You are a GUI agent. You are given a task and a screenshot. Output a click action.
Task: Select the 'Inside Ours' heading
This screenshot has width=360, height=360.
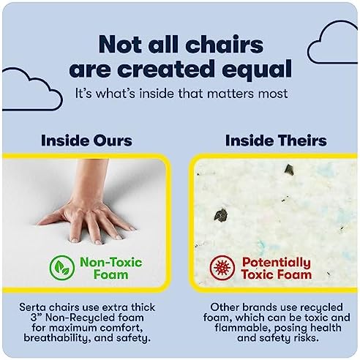[86, 140]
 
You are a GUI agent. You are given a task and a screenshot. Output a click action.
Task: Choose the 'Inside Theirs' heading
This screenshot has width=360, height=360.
[276, 140]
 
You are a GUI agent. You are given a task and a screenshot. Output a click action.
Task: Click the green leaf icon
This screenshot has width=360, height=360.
[62, 268]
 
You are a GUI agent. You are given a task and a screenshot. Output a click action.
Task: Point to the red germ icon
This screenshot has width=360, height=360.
[222, 268]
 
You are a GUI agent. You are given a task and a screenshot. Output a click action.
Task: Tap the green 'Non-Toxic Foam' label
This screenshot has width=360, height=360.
[111, 269]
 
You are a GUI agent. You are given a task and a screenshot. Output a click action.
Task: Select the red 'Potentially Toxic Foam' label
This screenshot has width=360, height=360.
[277, 269]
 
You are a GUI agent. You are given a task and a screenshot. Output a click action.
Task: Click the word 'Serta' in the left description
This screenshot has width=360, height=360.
[32, 307]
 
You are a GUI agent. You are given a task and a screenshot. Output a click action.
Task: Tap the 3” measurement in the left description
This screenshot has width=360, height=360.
[36, 318]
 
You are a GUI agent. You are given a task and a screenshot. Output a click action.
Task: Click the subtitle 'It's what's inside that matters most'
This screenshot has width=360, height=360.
[181, 94]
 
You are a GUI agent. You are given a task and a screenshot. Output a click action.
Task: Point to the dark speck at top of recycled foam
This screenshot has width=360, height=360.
[289, 170]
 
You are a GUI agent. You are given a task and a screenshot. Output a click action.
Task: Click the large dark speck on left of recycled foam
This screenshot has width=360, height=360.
[221, 214]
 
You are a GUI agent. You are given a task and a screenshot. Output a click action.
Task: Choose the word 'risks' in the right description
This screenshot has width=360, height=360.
[307, 338]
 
